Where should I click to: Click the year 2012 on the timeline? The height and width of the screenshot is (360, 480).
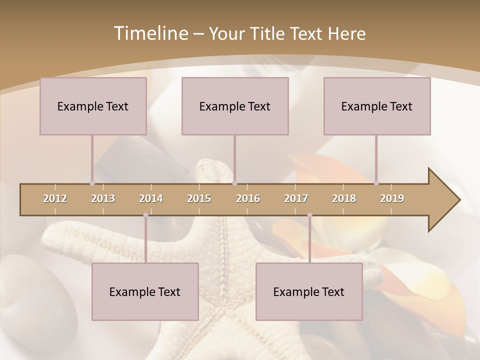[55, 198]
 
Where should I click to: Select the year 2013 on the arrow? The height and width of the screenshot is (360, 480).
[103, 198]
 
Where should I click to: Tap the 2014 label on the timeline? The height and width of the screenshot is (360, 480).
[151, 198]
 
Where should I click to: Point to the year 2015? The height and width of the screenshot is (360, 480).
[199, 198]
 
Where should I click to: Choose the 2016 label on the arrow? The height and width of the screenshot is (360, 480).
[248, 198]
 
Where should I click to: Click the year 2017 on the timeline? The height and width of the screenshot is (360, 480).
[296, 198]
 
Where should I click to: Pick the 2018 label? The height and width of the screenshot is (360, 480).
[344, 198]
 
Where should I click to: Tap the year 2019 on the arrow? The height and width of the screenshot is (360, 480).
[392, 198]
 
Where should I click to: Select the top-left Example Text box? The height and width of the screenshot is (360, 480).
[93, 106]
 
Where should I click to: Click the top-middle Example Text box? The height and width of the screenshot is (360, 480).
[235, 106]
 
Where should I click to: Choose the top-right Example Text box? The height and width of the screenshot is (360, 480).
[377, 106]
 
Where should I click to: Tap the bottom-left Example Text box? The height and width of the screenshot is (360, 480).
[145, 291]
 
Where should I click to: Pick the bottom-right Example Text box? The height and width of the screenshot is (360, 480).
[309, 291]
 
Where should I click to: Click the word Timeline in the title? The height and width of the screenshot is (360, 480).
[150, 33]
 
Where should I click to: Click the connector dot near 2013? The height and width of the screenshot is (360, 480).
[92, 183]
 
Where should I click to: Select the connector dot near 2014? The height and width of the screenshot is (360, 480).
[145, 215]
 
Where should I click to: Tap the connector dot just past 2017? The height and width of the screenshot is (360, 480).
[309, 215]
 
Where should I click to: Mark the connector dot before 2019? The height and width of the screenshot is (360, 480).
[376, 183]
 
